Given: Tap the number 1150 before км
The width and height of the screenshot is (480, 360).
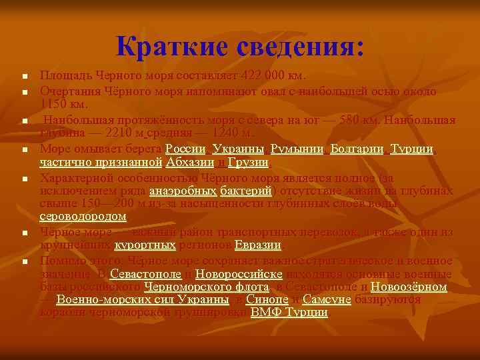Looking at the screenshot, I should (53, 104).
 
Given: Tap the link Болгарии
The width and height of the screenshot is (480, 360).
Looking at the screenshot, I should (357, 149).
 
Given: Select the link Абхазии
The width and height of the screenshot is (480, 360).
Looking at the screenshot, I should (191, 162).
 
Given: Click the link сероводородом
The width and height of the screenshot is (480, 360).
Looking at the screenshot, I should (83, 217).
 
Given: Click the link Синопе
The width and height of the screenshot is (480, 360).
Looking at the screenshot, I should (267, 299).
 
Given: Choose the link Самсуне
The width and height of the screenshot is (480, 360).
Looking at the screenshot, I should (326, 299).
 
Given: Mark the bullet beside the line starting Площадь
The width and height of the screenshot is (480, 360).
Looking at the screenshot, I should (23, 75).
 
